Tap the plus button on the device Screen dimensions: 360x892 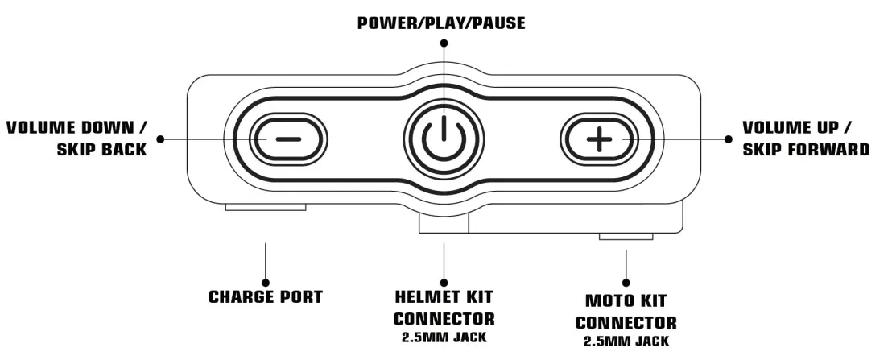[597, 139]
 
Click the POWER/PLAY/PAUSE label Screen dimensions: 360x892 [441, 23]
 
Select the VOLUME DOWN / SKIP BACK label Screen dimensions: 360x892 [77, 139]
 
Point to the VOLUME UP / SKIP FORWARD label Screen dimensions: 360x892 [805, 139]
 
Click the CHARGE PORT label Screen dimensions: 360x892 [266, 296]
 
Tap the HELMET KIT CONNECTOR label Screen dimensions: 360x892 [444, 307]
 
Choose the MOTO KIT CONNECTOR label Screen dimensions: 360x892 [630, 312]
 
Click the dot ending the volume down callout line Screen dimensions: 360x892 [160, 139]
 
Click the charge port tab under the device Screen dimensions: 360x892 [266, 207]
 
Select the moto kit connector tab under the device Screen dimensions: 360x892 [626, 236]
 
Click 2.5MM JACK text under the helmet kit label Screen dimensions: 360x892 [444, 337]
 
